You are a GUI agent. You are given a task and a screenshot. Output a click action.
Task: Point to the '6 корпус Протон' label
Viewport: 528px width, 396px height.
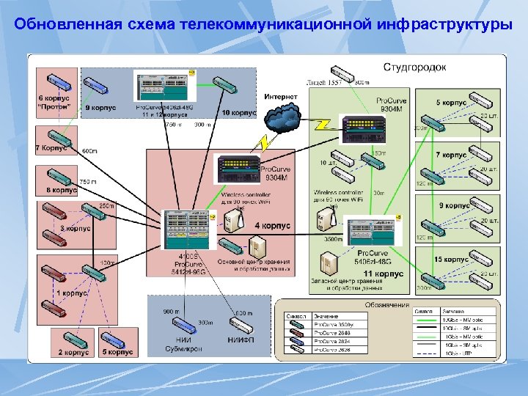[54, 103]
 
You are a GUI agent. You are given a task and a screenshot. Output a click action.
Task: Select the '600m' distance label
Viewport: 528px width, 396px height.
[89, 151]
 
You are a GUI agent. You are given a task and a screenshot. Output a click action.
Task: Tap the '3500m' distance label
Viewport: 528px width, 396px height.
[334, 239]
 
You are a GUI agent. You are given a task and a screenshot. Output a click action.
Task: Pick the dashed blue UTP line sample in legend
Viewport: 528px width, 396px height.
[425, 353]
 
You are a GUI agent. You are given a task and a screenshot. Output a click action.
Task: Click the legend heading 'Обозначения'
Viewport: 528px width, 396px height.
[386, 305]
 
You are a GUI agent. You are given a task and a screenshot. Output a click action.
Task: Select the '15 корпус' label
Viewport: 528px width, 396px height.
[451, 260]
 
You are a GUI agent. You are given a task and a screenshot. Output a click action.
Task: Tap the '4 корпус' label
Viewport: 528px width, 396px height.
[272, 226]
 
